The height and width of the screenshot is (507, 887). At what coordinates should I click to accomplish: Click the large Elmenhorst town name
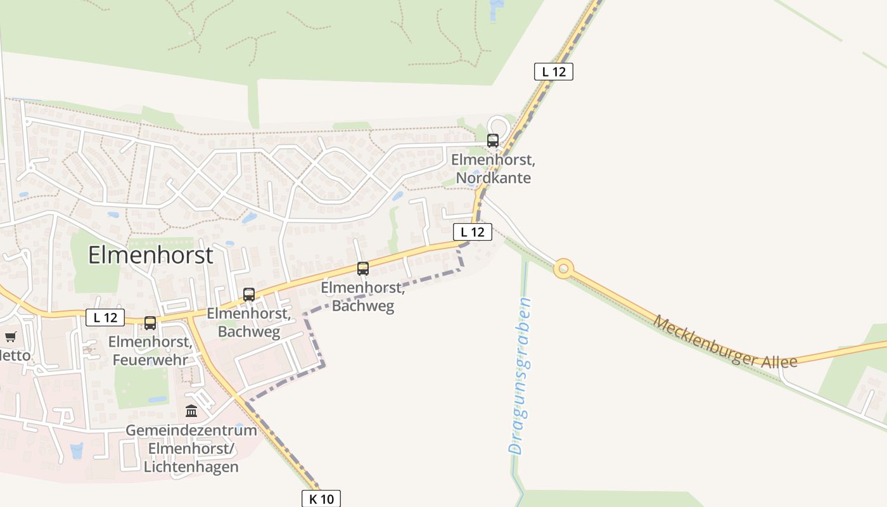pyautogui.click(x=151, y=255)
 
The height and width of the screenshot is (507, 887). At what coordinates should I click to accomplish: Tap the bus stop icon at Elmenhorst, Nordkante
pyautogui.click(x=493, y=141)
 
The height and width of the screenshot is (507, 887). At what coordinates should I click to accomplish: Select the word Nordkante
pyautogui.click(x=493, y=178)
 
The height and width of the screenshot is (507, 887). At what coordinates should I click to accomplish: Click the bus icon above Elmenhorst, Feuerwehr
pyautogui.click(x=150, y=323)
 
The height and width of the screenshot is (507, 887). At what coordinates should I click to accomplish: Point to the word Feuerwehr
pyautogui.click(x=150, y=360)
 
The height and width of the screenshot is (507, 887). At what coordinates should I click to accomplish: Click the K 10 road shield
pyautogui.click(x=321, y=499)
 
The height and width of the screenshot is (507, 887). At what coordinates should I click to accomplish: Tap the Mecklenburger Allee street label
pyautogui.click(x=725, y=342)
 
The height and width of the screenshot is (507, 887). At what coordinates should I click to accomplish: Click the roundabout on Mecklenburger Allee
pyautogui.click(x=563, y=269)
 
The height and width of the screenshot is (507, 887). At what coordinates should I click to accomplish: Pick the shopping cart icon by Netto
pyautogui.click(x=10, y=337)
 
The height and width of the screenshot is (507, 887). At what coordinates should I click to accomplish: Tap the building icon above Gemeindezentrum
pyautogui.click(x=191, y=411)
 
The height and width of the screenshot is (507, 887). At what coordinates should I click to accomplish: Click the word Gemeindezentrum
pyautogui.click(x=191, y=430)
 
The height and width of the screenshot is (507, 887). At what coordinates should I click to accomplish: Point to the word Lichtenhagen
pyautogui.click(x=191, y=467)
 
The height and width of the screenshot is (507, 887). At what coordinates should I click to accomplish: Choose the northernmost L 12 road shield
pyautogui.click(x=554, y=72)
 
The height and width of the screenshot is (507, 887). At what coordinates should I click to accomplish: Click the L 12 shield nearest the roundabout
pyautogui.click(x=473, y=232)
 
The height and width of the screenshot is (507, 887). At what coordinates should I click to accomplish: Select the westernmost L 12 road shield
pyautogui.click(x=105, y=318)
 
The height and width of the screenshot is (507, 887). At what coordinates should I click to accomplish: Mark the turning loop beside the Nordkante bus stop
pyautogui.click(x=499, y=124)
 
